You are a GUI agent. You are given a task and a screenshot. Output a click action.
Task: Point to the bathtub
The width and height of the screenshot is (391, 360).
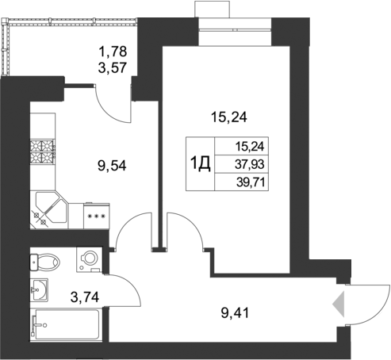[65, 325]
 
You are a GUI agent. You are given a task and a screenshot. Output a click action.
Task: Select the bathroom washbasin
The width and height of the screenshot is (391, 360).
[39, 289]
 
